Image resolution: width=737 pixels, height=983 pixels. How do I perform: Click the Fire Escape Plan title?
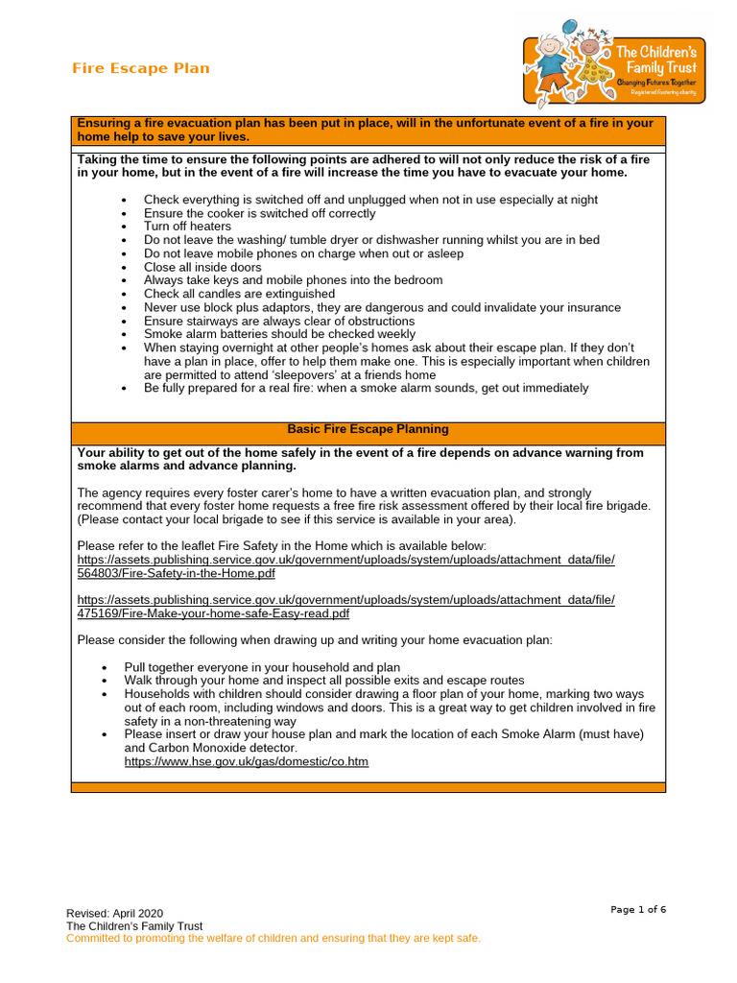coord(141,68)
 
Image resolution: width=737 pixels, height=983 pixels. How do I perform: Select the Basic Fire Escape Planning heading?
coord(368,429)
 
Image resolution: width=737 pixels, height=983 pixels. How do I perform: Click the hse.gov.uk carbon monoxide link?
coord(246,761)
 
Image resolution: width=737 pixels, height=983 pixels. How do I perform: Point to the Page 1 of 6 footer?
coord(638,909)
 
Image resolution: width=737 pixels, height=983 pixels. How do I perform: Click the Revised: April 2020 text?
coord(114,913)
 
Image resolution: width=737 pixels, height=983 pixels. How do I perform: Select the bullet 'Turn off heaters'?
coord(187,227)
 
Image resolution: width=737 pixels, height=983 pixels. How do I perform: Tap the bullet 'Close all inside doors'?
coord(202,267)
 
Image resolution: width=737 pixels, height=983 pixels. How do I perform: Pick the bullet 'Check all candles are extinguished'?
coord(239,294)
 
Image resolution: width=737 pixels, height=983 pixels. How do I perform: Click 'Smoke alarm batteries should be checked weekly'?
coord(279,334)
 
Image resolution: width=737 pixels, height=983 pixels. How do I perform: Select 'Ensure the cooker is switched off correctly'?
coord(259,213)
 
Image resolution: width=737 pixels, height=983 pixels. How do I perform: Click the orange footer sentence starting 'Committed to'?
coord(273,938)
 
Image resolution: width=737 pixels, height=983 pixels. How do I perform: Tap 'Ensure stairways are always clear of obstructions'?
coord(279,321)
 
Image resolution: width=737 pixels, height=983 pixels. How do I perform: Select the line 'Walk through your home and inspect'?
coord(323,681)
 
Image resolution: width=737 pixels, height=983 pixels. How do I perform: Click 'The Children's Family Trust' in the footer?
coord(133,925)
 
